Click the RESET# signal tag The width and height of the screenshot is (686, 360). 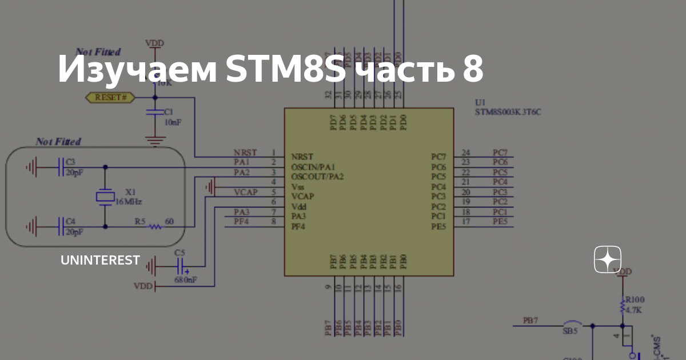(x=110, y=98)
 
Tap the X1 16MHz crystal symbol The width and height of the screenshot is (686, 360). (x=105, y=197)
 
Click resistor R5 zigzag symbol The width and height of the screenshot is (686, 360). (x=154, y=226)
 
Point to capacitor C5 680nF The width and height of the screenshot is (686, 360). (x=181, y=266)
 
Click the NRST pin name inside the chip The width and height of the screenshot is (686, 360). (x=302, y=157)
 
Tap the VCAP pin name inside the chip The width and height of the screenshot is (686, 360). (x=302, y=196)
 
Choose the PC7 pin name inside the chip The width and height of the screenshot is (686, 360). (x=438, y=157)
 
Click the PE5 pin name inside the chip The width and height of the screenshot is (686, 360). (x=438, y=227)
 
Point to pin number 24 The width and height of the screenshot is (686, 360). (x=466, y=153)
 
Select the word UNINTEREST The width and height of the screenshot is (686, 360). (x=100, y=261)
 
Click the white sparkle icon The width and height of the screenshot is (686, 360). (x=607, y=260)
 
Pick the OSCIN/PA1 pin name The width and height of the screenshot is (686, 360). (x=312, y=167)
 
